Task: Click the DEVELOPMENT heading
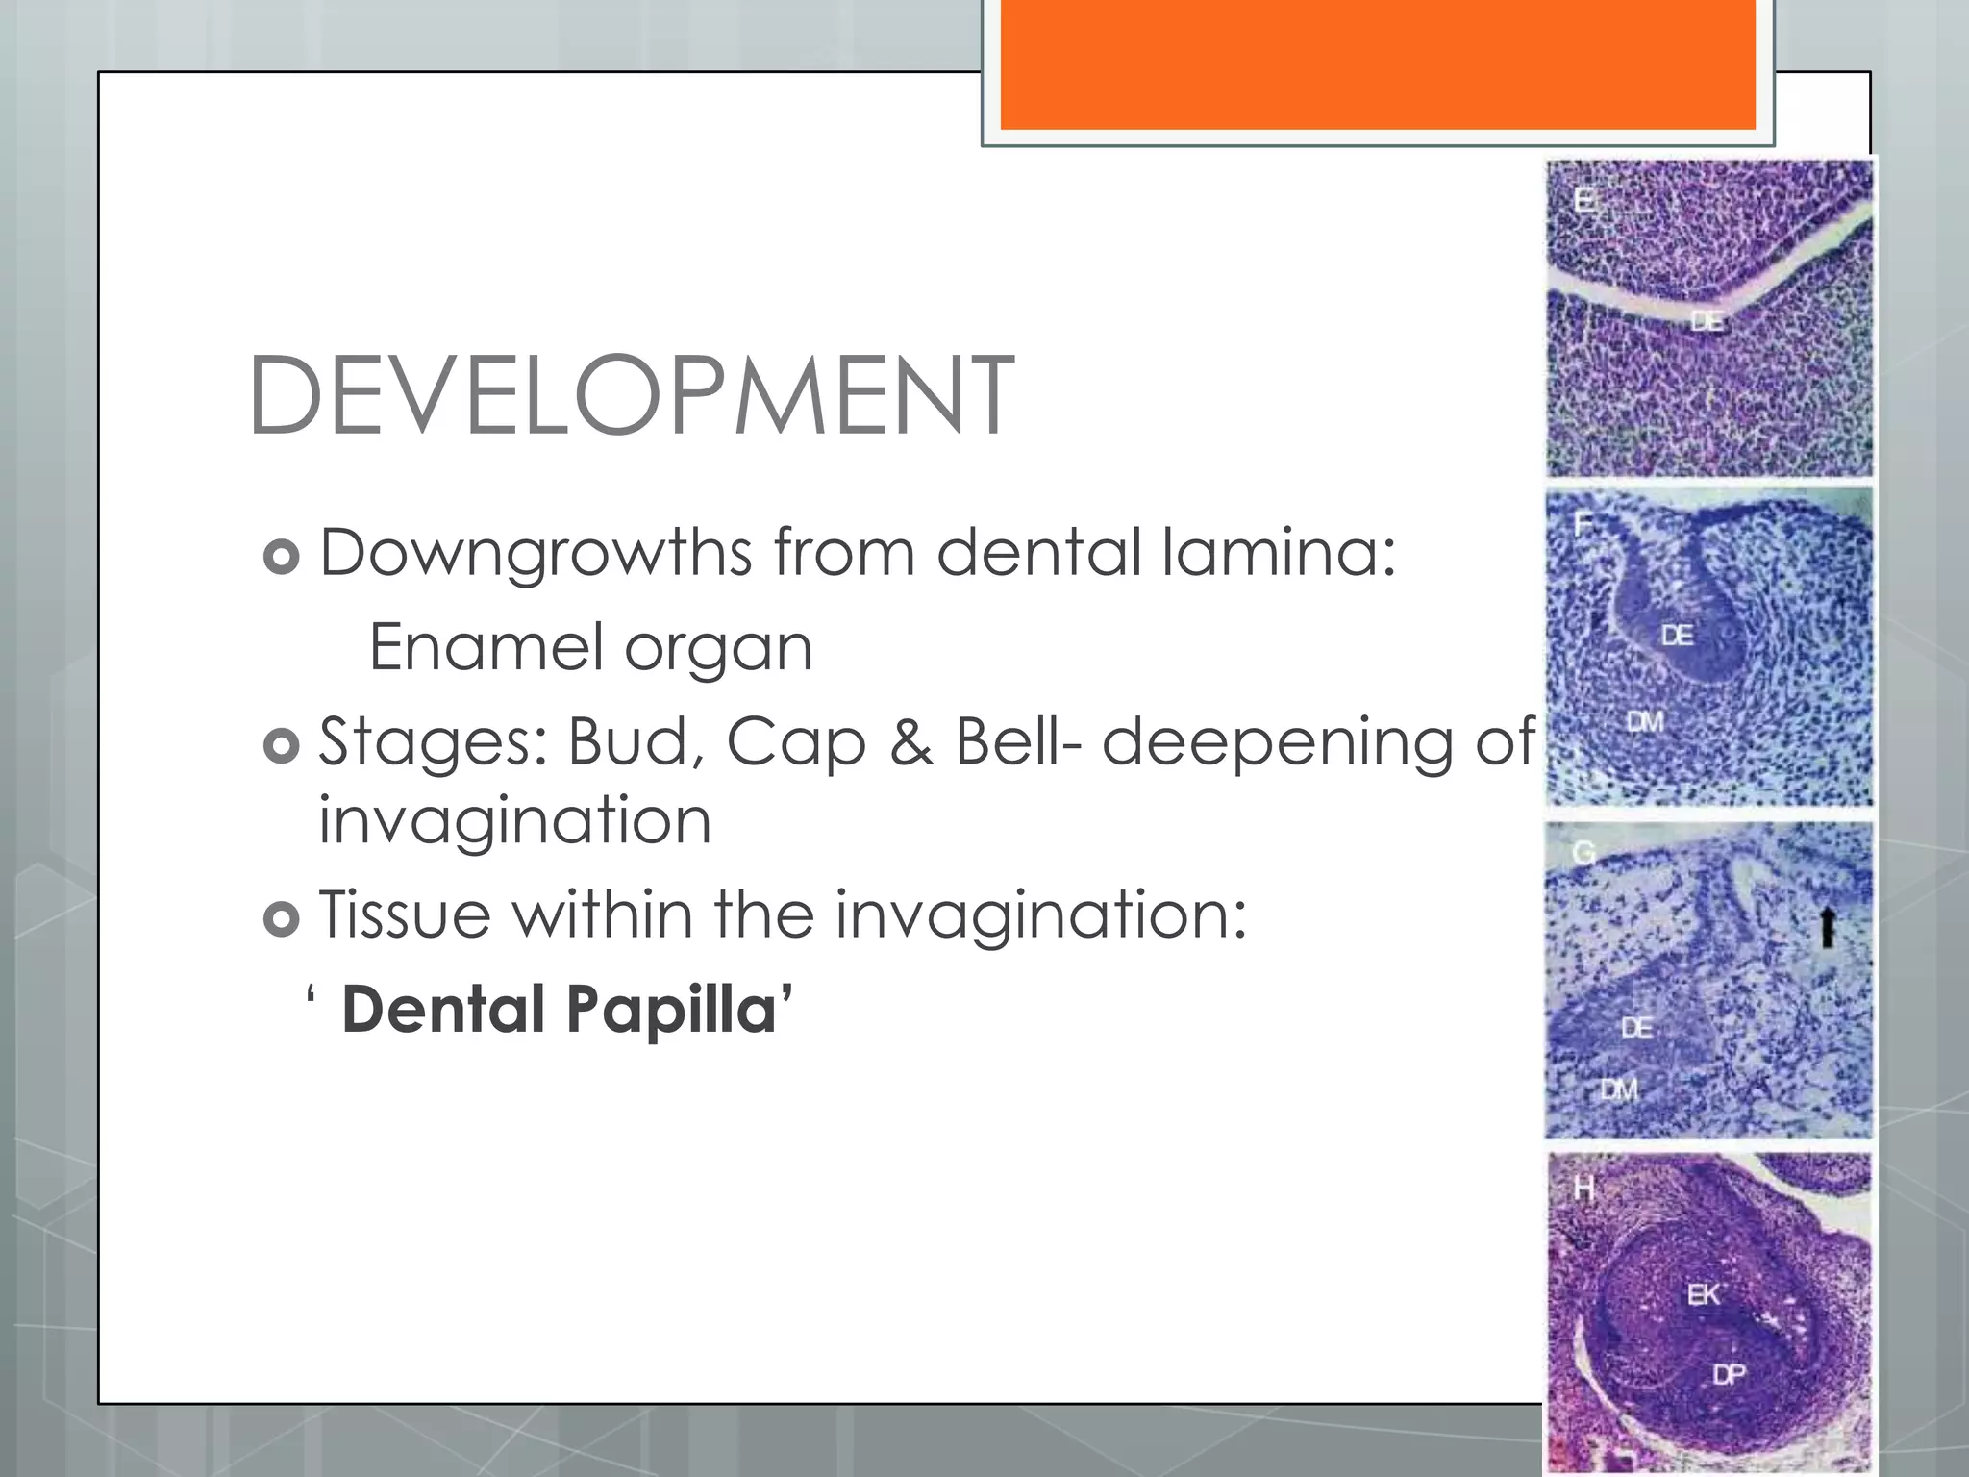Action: coord(631,395)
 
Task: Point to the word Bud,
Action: coord(635,742)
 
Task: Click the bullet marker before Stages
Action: coord(281,745)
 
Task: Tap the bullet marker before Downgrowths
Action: coord(281,557)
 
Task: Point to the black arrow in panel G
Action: coord(1828,927)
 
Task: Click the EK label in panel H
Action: coord(1704,1295)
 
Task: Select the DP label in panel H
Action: coord(1729,1375)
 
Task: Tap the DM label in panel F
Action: coord(1645,721)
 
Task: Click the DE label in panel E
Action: coord(1707,322)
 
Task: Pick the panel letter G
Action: coord(1583,853)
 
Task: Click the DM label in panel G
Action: coord(1619,1089)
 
